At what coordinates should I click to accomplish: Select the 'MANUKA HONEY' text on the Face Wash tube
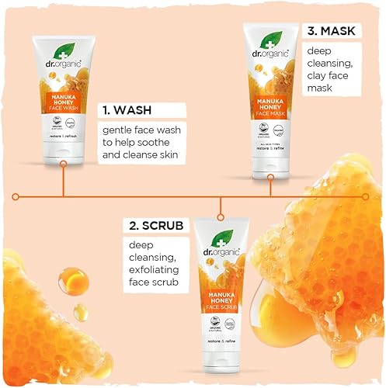[x=62, y=99]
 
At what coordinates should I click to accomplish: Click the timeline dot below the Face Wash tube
[x=62, y=196]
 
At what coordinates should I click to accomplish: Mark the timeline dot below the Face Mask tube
[x=270, y=196]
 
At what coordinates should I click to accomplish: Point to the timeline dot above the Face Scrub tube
[x=223, y=196]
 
